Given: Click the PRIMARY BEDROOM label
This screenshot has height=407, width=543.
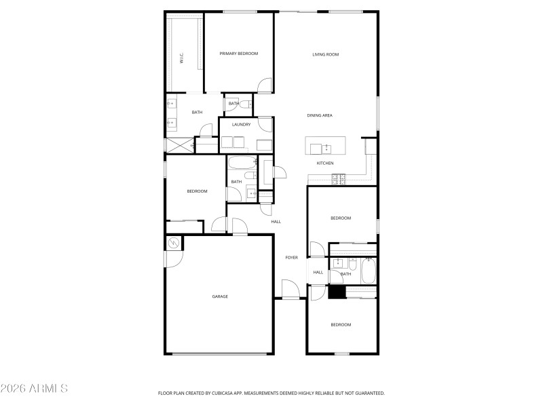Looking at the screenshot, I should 238,54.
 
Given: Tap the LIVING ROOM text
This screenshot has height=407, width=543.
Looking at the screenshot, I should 325,54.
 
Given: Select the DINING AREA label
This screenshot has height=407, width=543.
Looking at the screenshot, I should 319,115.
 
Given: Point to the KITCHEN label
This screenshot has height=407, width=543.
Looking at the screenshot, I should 325,163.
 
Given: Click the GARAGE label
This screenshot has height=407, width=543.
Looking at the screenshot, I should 220,296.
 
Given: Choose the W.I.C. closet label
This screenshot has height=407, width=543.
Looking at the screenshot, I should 182,59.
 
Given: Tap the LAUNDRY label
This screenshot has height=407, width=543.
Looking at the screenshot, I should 241,124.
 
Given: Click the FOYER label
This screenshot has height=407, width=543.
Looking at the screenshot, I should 291,258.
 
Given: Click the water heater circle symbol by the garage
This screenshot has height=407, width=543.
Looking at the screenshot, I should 173,242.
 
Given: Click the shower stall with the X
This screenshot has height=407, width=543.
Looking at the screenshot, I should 181,145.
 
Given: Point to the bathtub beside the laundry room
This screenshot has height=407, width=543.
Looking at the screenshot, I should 241,163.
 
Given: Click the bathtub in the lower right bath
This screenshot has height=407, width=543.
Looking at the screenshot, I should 369,271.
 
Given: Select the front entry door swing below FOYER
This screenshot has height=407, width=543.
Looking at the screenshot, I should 291,290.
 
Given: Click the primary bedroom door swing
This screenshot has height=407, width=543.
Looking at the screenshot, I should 265,85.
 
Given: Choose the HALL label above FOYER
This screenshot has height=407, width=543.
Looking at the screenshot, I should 276,221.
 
